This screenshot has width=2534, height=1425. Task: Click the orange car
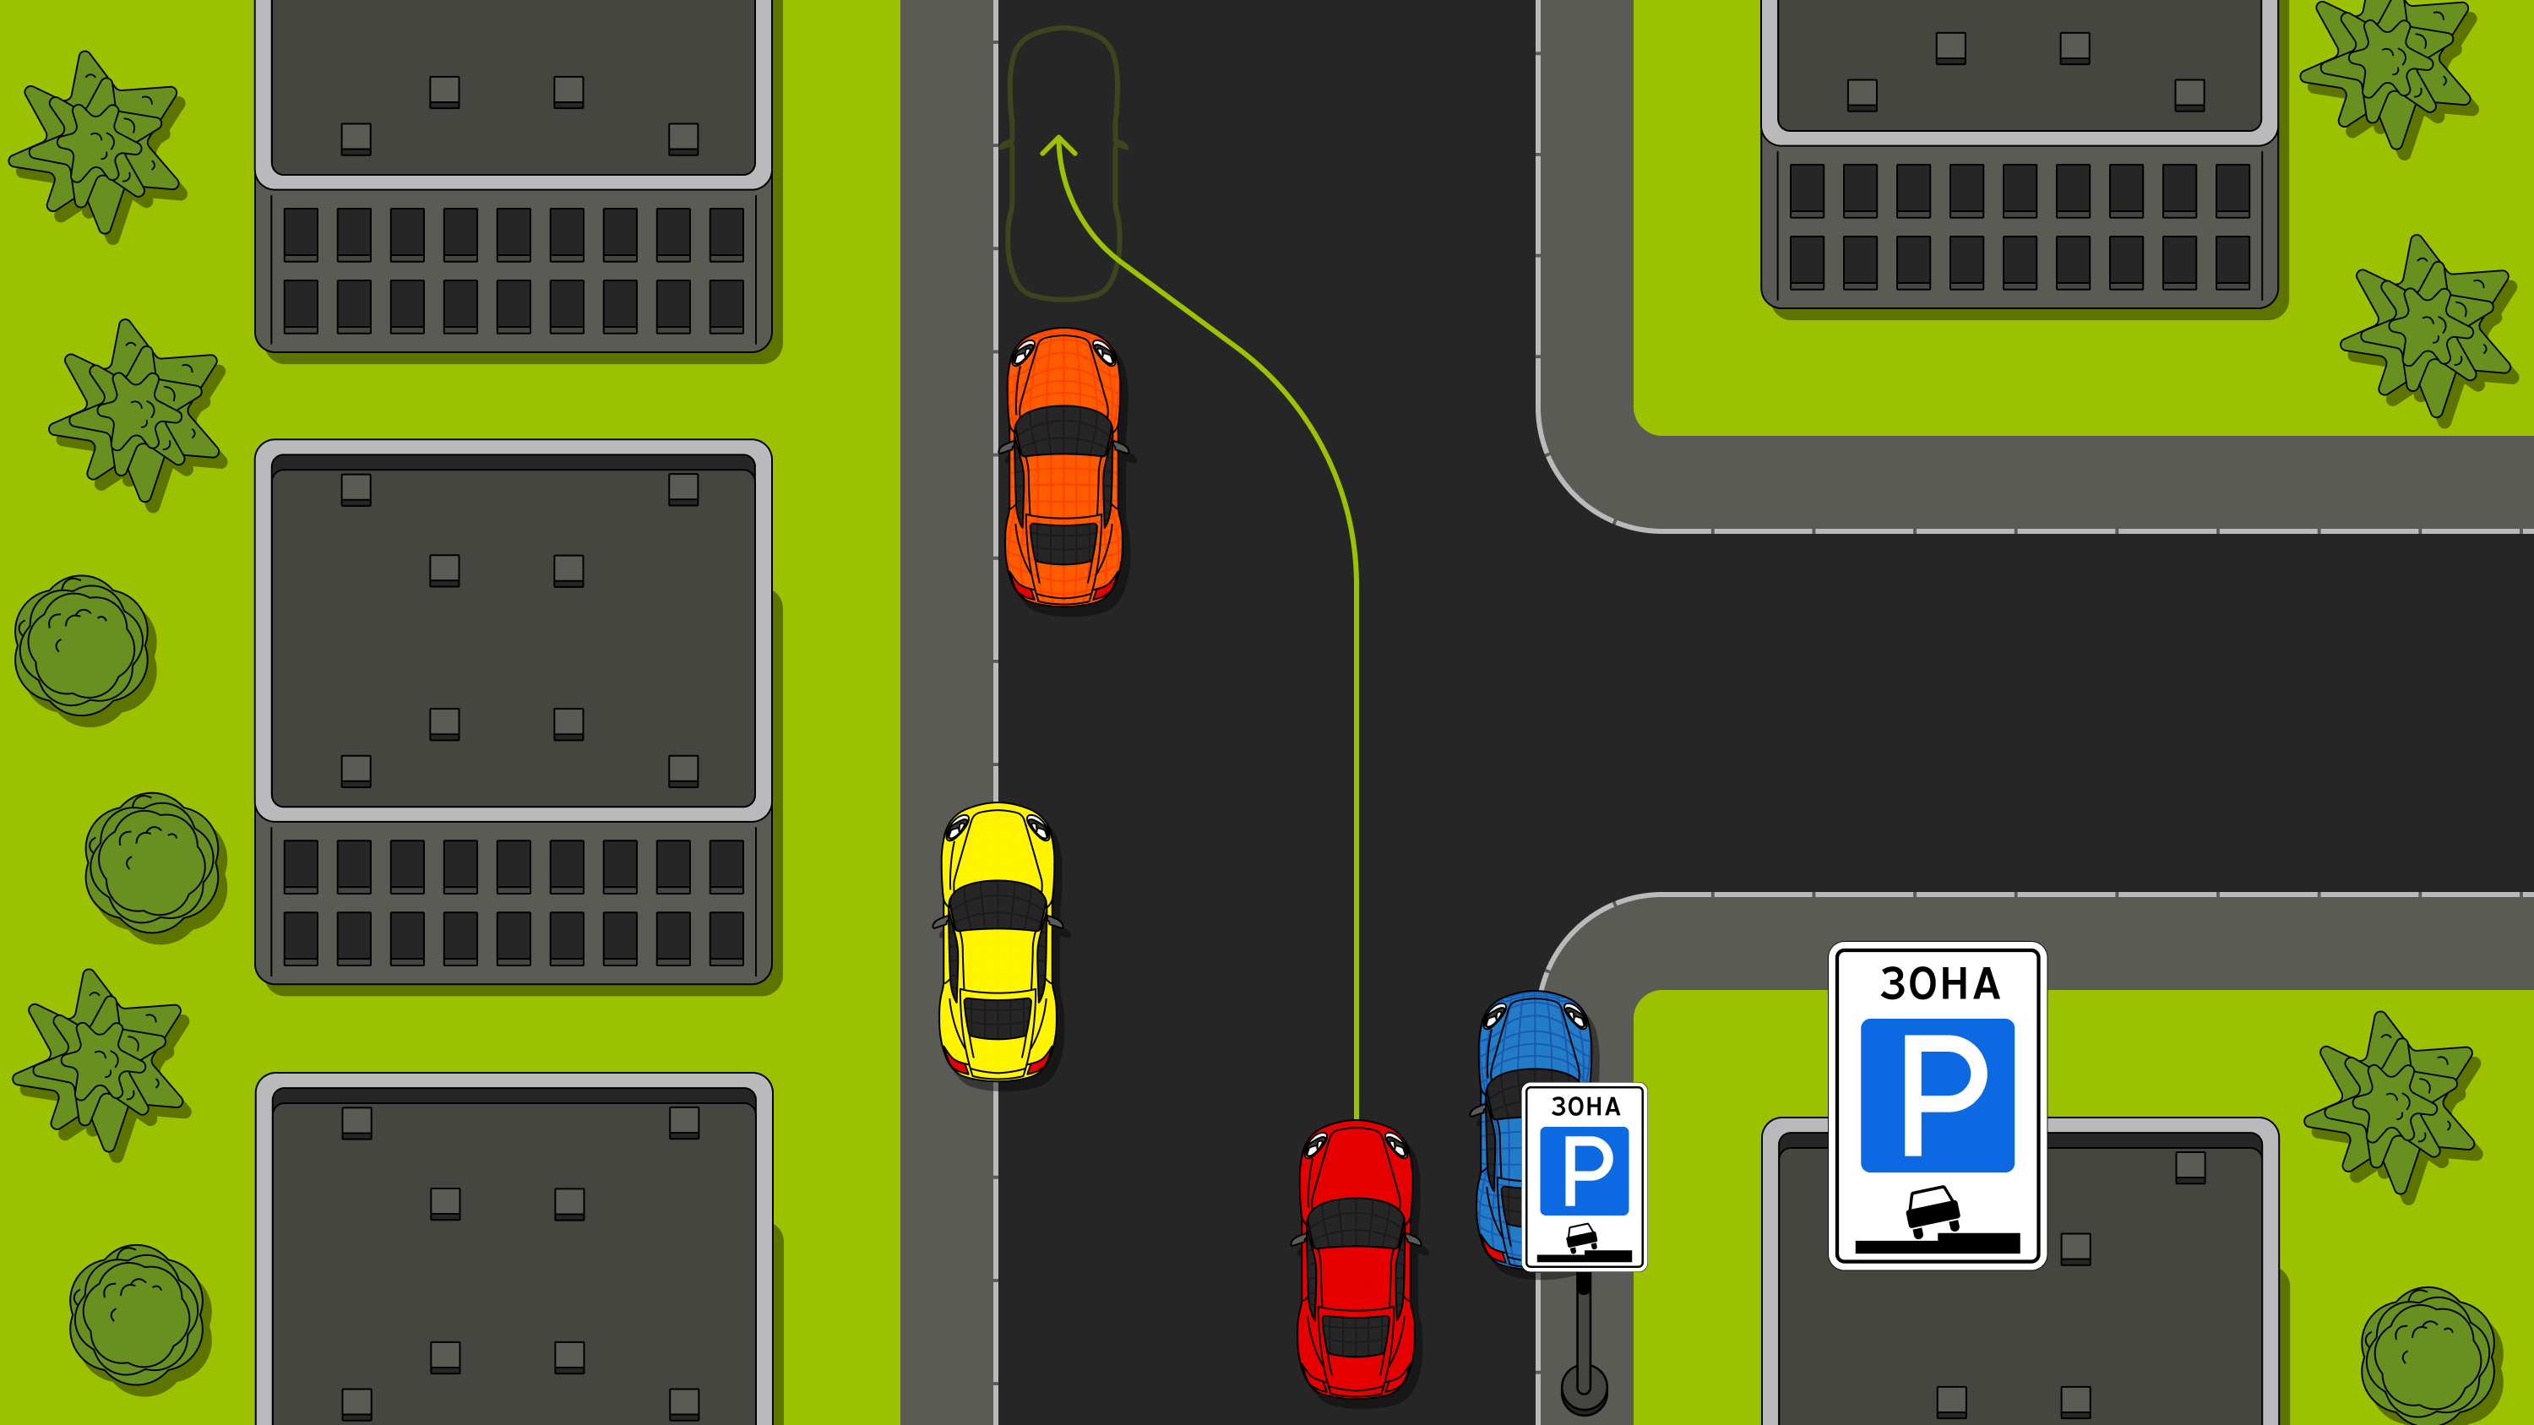coord(1063,466)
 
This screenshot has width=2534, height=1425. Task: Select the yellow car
coord(998,942)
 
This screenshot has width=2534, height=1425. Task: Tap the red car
coord(1357,1259)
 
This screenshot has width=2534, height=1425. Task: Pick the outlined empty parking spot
coord(1063,163)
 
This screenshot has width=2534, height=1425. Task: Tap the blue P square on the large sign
coord(1937,1096)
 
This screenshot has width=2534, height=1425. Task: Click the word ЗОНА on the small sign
coord(1585,1107)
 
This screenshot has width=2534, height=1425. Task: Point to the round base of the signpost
coord(1584,1389)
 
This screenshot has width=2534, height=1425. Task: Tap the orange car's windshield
coord(1063,431)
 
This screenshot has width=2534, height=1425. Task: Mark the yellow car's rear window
coord(998,1018)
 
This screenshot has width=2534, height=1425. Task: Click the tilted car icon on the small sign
coord(1582,1237)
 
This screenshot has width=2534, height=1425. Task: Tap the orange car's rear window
coord(1063,543)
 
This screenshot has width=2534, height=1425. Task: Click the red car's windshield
coord(1357,1223)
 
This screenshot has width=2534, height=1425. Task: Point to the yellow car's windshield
coord(998,906)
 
